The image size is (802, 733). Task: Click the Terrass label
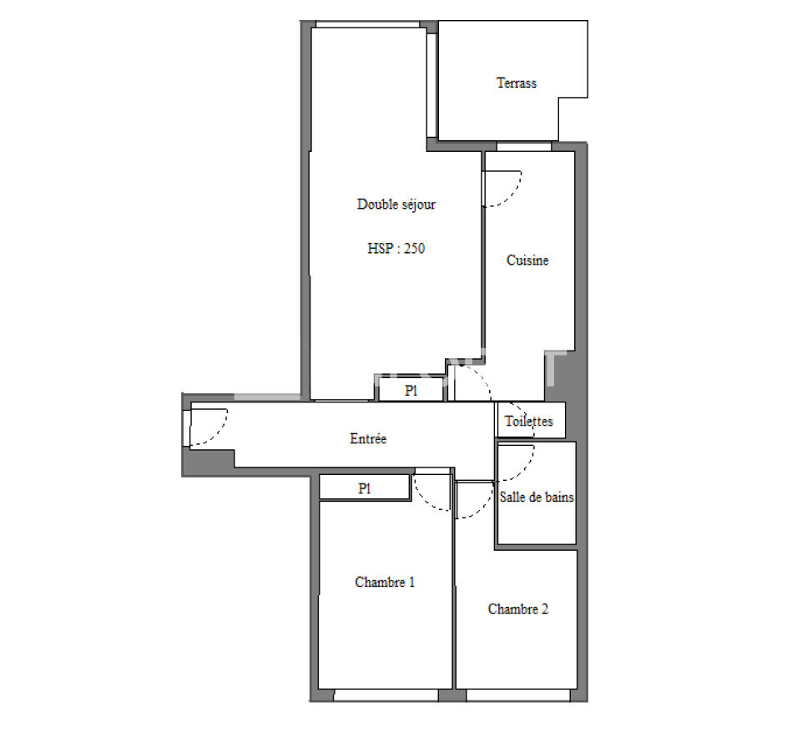(x=516, y=83)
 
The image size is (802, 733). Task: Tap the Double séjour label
(x=396, y=204)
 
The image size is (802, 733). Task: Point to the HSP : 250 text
(x=396, y=249)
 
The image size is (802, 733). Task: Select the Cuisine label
(x=527, y=260)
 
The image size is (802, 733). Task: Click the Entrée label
(x=368, y=439)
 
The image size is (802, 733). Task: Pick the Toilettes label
(x=529, y=422)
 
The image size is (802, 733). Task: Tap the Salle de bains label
(x=537, y=498)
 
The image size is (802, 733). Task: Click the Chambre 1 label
(x=385, y=582)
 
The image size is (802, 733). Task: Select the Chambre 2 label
(x=517, y=609)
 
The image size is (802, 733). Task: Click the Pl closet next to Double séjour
(x=411, y=392)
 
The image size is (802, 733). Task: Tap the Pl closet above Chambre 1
(x=365, y=488)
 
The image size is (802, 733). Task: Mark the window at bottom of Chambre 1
(x=386, y=695)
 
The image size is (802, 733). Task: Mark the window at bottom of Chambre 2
(x=518, y=695)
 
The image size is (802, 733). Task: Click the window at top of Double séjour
(x=368, y=24)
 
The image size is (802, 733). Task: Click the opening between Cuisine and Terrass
(x=524, y=147)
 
